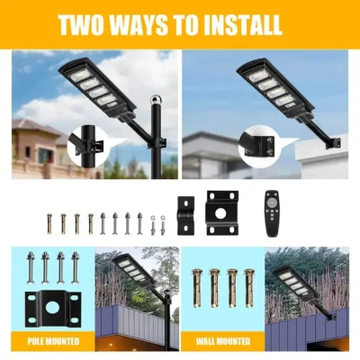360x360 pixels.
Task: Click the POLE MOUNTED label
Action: coord(53,341)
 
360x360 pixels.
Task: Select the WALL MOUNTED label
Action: coord(223,341)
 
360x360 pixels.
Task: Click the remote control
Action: coord(273,213)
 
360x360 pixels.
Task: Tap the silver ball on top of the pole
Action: coord(156,100)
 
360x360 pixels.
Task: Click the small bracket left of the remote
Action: coord(185,215)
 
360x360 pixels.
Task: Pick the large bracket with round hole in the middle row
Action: coord(222,213)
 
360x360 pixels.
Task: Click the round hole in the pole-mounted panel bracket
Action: coord(53,309)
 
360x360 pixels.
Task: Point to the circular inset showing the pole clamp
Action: coord(87,146)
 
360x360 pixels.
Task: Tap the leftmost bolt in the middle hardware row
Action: coord(49,223)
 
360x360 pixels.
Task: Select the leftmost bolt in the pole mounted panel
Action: coord(30,268)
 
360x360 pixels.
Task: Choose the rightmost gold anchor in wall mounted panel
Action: coord(248,288)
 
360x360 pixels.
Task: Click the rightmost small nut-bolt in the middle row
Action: coord(163,225)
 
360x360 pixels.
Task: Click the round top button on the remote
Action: coord(273,198)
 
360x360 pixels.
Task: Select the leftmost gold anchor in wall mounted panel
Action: coord(196,288)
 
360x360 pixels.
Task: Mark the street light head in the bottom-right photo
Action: coord(292,280)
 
